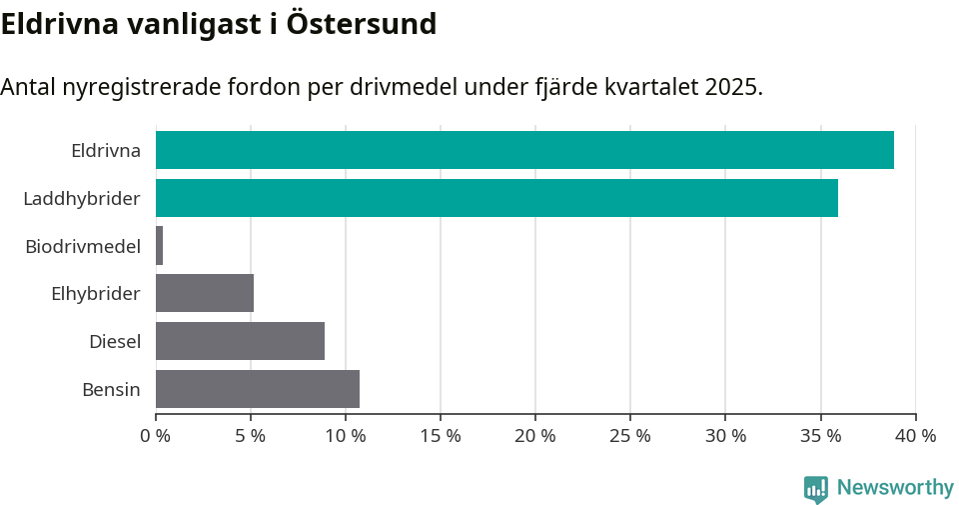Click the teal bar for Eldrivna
coord(524,150)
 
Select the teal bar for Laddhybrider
coord(496,198)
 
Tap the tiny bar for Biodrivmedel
coord(160,245)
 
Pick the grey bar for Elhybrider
coord(205,293)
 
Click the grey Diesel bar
coord(240,341)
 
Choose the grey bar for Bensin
coord(258,389)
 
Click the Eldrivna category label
coord(105,151)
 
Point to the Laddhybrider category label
coord(82,199)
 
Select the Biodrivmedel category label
coord(82,246)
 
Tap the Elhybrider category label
coord(95,294)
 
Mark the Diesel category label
coord(114,342)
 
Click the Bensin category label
coord(111,390)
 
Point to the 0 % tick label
coord(156,436)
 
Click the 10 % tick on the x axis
coord(346,436)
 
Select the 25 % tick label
coord(630,436)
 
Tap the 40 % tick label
coord(915,436)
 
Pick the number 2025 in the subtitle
coord(731,87)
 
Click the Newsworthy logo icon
coord(816,488)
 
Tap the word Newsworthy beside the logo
coord(895,488)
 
